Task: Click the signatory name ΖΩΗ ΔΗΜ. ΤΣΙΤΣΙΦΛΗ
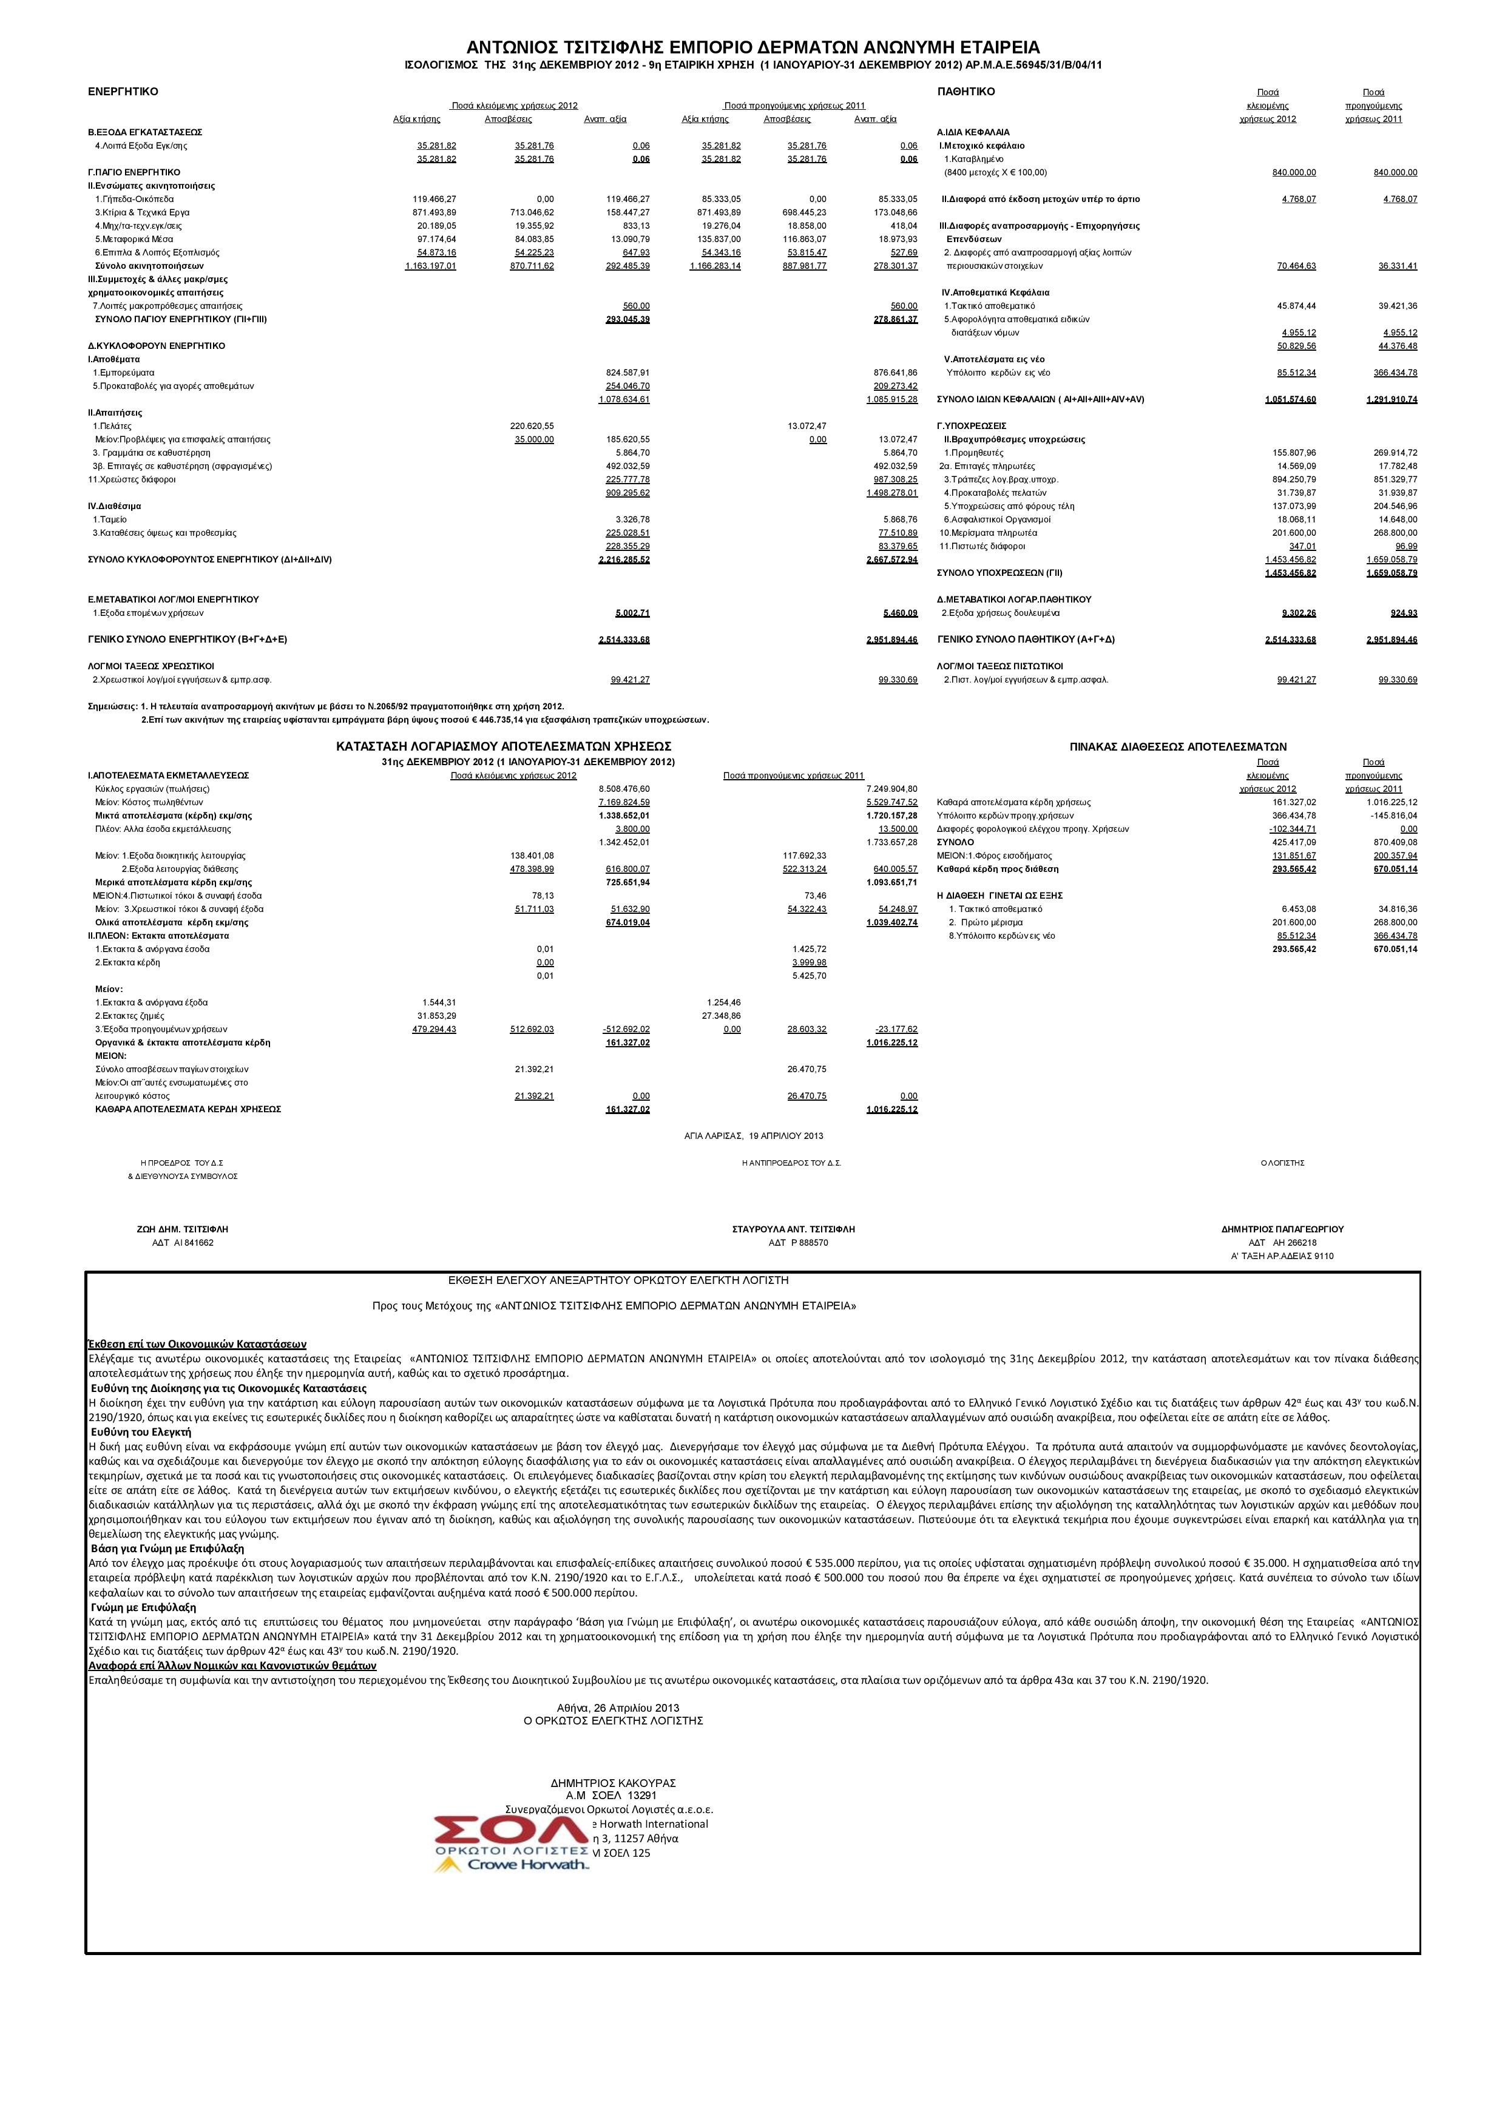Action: click(181, 1229)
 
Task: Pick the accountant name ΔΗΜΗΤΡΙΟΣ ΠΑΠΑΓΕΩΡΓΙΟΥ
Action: click(1282, 1229)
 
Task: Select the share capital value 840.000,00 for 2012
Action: click(1294, 172)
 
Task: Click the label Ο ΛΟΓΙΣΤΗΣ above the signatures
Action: click(1282, 1162)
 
